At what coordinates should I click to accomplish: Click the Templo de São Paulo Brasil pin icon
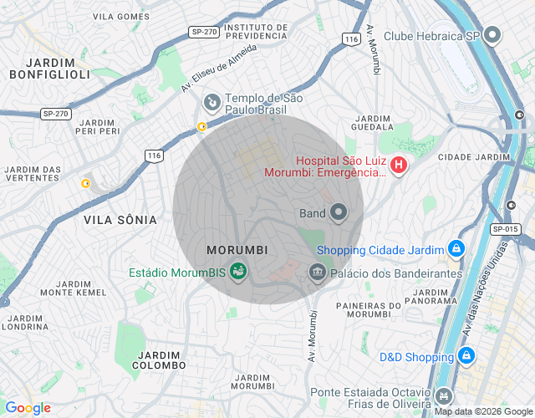pos(211,103)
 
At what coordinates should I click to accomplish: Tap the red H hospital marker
pos(399,166)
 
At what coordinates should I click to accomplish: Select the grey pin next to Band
pos(339,213)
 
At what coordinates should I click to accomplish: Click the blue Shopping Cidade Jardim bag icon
pos(456,249)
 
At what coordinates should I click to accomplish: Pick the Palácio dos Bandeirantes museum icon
pos(317,273)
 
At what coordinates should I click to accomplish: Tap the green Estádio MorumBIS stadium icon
pos(238,272)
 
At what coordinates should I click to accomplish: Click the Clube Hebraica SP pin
pos(492,35)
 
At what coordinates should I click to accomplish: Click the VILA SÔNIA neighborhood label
pos(120,220)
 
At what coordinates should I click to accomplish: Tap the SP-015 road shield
pos(506,229)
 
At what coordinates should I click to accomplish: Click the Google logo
pos(28,408)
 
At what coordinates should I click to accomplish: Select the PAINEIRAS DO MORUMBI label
pos(364,309)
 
